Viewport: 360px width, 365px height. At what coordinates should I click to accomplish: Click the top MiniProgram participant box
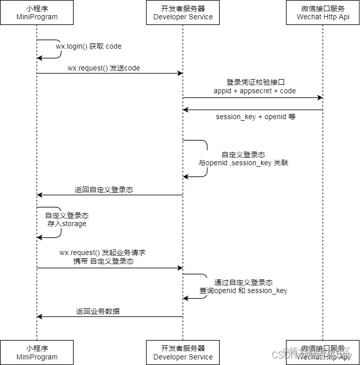point(37,13)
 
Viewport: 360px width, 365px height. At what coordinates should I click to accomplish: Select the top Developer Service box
point(183,13)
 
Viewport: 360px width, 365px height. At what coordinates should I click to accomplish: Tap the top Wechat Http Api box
point(323,13)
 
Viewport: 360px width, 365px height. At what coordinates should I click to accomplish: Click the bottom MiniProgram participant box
point(37,352)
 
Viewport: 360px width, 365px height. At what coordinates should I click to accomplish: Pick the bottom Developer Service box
point(183,352)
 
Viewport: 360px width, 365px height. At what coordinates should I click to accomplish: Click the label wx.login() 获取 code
point(89,46)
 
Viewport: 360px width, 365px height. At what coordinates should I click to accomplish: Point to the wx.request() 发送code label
point(103,68)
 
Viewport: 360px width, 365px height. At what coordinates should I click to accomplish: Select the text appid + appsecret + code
point(255,91)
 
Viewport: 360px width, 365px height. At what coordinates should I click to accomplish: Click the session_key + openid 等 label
point(256,117)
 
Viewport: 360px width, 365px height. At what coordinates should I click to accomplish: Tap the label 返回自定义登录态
point(104,190)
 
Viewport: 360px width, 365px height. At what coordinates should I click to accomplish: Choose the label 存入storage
point(67,224)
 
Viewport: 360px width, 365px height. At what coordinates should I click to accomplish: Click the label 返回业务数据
point(98,311)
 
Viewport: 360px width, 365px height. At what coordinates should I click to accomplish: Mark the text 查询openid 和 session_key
point(243,290)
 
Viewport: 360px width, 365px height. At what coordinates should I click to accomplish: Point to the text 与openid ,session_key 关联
point(243,163)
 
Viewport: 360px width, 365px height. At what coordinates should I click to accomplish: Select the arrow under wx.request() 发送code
point(109,74)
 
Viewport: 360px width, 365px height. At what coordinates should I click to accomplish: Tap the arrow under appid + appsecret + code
point(253,97)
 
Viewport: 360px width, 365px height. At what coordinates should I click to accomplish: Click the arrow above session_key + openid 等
point(253,109)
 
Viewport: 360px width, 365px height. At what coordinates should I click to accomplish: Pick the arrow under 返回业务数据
point(109,317)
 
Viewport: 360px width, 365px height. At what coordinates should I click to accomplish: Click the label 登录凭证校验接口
point(255,82)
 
